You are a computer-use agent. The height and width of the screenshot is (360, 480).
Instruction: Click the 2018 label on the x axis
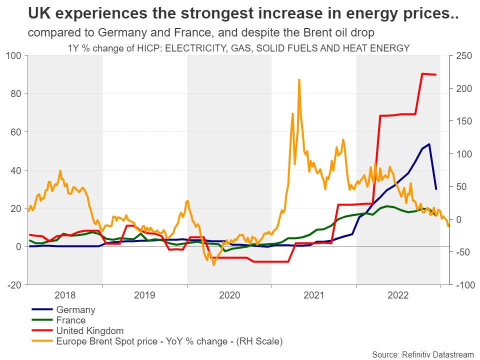click(65, 294)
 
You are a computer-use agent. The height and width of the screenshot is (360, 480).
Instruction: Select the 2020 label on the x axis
click(229, 294)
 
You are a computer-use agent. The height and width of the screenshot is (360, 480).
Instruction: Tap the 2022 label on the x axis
click(398, 294)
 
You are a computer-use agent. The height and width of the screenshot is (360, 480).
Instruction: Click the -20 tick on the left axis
click(15, 285)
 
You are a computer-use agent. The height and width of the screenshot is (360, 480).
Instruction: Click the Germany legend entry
click(75, 310)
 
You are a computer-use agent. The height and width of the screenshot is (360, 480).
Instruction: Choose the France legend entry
click(71, 320)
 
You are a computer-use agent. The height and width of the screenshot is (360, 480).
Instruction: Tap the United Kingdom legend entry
click(90, 331)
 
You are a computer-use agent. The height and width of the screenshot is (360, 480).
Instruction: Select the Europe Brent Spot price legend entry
click(169, 341)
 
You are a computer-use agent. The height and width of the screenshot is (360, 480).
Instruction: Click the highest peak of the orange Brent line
click(299, 79)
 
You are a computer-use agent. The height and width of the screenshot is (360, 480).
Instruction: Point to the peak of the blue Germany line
click(429, 144)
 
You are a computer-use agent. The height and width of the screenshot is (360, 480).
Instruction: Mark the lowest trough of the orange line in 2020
click(214, 264)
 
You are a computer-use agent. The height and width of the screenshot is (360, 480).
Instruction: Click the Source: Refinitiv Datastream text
click(423, 354)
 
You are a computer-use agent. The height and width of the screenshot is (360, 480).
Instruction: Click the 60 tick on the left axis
click(17, 132)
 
